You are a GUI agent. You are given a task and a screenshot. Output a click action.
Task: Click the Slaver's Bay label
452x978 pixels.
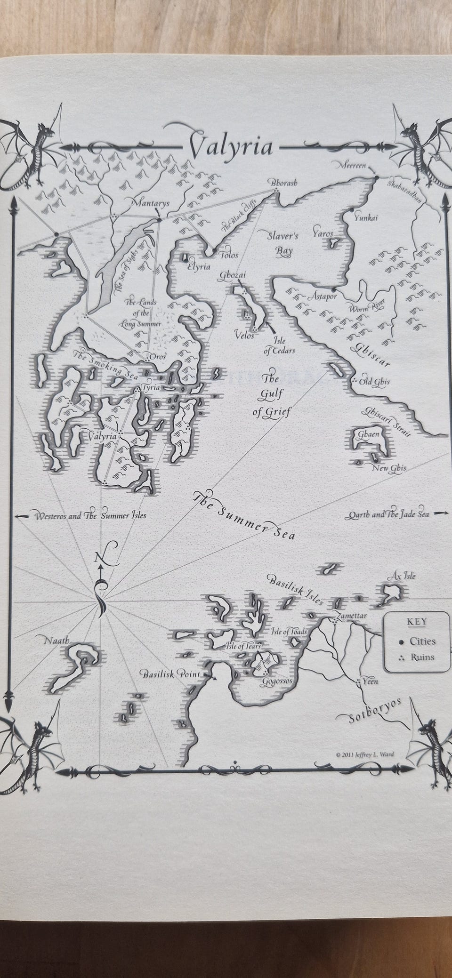click(280, 243)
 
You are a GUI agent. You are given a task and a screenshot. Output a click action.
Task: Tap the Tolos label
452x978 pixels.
click(229, 255)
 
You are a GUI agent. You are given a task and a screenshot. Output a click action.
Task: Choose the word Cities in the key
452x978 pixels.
click(422, 641)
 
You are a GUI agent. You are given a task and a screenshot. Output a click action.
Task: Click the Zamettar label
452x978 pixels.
click(349, 616)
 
